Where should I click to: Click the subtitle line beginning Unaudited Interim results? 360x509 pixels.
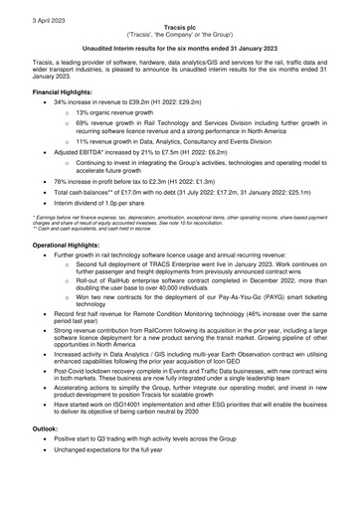[180, 46]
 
